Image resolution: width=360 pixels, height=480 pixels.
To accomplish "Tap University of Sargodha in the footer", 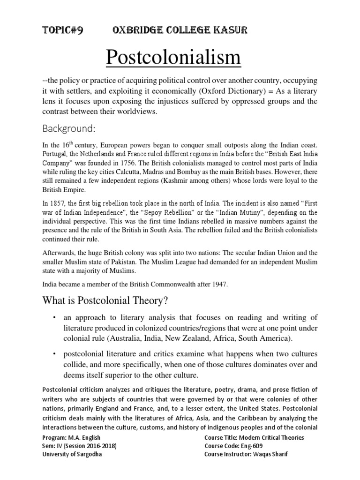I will coord(72,454).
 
